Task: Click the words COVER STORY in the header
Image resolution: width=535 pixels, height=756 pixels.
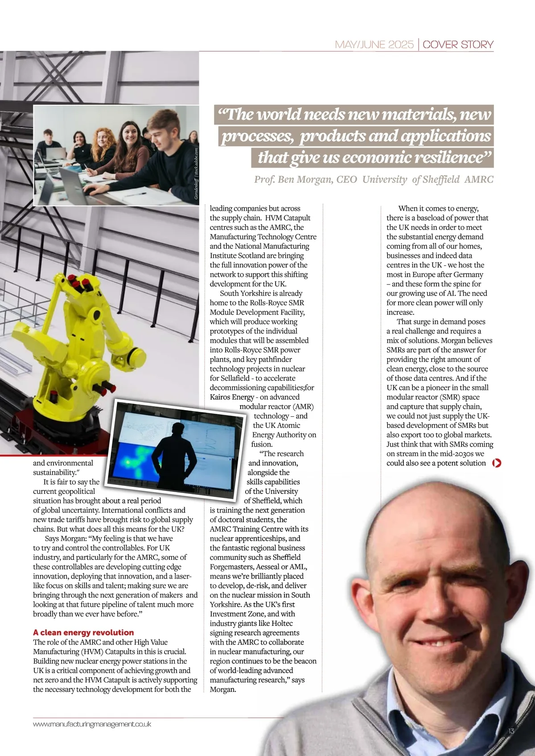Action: [458, 45]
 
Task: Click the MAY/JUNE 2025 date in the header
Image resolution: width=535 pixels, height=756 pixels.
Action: [374, 45]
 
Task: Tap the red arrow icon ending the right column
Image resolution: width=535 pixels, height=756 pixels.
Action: [497, 463]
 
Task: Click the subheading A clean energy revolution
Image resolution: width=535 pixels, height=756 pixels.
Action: [83, 633]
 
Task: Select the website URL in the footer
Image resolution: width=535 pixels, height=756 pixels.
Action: [92, 724]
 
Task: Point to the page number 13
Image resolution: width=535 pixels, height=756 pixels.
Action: [511, 731]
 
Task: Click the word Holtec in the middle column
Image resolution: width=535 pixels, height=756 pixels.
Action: [282, 624]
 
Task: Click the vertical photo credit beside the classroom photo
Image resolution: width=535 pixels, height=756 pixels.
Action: [196, 174]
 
